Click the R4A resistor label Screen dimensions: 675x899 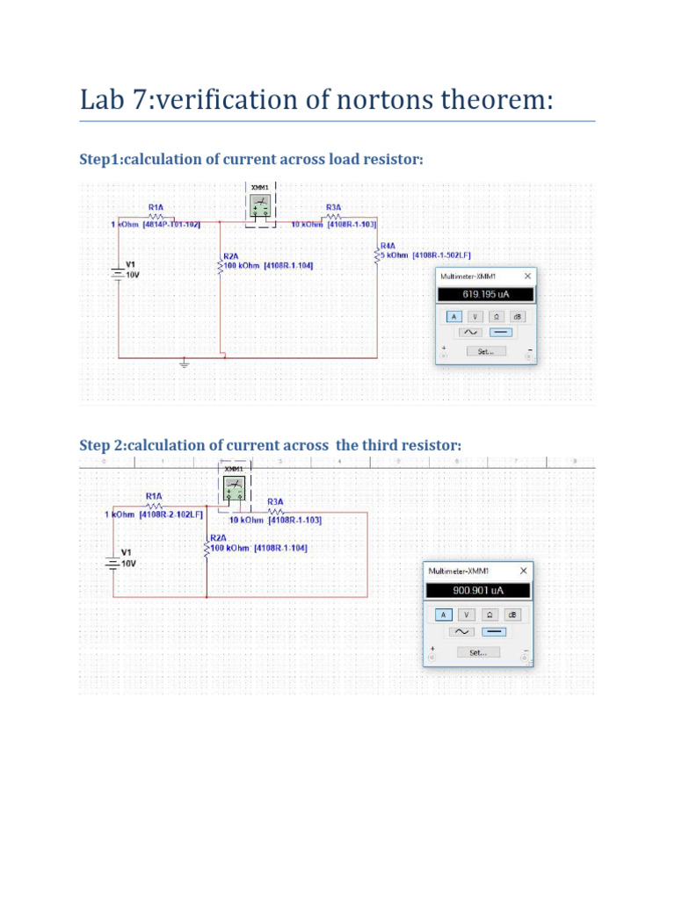[388, 245]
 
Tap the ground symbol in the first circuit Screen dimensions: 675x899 [184, 363]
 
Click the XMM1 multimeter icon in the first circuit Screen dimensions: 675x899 [260, 207]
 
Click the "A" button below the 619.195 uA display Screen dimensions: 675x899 [454, 316]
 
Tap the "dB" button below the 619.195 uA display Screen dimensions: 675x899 [518, 316]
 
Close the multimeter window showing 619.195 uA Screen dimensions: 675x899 [527, 276]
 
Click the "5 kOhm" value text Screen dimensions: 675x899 [395, 255]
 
